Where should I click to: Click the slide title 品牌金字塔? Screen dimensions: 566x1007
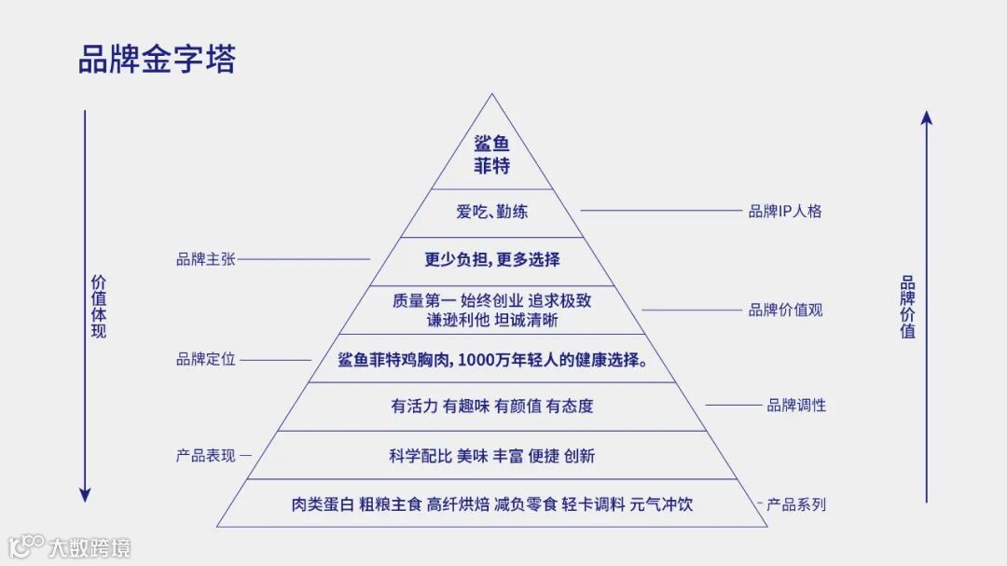(x=157, y=58)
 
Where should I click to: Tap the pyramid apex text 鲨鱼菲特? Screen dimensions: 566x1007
(x=491, y=156)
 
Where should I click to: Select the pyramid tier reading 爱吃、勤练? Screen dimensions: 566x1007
(x=491, y=212)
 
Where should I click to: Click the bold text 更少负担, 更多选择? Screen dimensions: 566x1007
(x=492, y=259)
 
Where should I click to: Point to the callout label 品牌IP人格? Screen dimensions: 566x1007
(x=785, y=211)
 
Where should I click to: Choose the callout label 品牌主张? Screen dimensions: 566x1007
(x=205, y=259)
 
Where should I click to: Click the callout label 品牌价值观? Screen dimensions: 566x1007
(x=785, y=310)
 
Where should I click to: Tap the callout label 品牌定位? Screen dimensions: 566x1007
(x=205, y=359)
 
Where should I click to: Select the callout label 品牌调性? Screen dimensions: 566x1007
(x=796, y=406)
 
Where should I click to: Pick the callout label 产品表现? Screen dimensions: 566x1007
(x=205, y=456)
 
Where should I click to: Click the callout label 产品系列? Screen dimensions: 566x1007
(x=796, y=504)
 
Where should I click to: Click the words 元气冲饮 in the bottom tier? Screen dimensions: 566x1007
(x=661, y=504)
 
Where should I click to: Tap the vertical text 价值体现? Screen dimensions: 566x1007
(x=98, y=306)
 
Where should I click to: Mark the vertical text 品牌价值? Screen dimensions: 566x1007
(x=907, y=306)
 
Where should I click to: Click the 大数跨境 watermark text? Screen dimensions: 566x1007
(x=90, y=546)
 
